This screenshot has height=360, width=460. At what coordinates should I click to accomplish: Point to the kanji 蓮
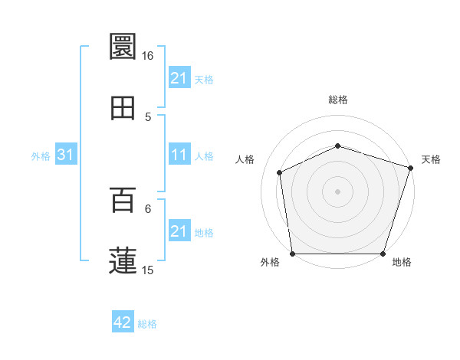tap(123, 260)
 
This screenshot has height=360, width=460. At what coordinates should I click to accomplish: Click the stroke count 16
tap(147, 56)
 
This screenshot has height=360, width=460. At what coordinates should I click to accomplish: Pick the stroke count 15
tap(147, 270)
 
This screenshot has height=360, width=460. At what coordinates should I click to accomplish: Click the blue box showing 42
tap(123, 322)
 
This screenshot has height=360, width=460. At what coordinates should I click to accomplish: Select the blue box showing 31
tap(66, 155)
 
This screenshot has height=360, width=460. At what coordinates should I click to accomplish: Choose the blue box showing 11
tap(179, 155)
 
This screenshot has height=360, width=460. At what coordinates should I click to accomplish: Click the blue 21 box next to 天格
tap(179, 78)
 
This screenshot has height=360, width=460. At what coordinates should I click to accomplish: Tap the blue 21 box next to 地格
tap(179, 231)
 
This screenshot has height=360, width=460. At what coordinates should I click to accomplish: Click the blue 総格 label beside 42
tap(147, 324)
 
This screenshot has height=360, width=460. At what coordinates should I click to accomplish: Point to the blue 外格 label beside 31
tap(41, 156)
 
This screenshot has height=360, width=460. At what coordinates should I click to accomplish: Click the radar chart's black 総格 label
tap(338, 100)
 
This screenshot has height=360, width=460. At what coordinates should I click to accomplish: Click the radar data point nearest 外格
tap(293, 254)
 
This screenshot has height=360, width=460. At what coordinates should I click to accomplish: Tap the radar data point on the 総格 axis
tap(338, 146)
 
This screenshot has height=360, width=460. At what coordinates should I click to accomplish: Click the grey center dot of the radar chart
tap(338, 191)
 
